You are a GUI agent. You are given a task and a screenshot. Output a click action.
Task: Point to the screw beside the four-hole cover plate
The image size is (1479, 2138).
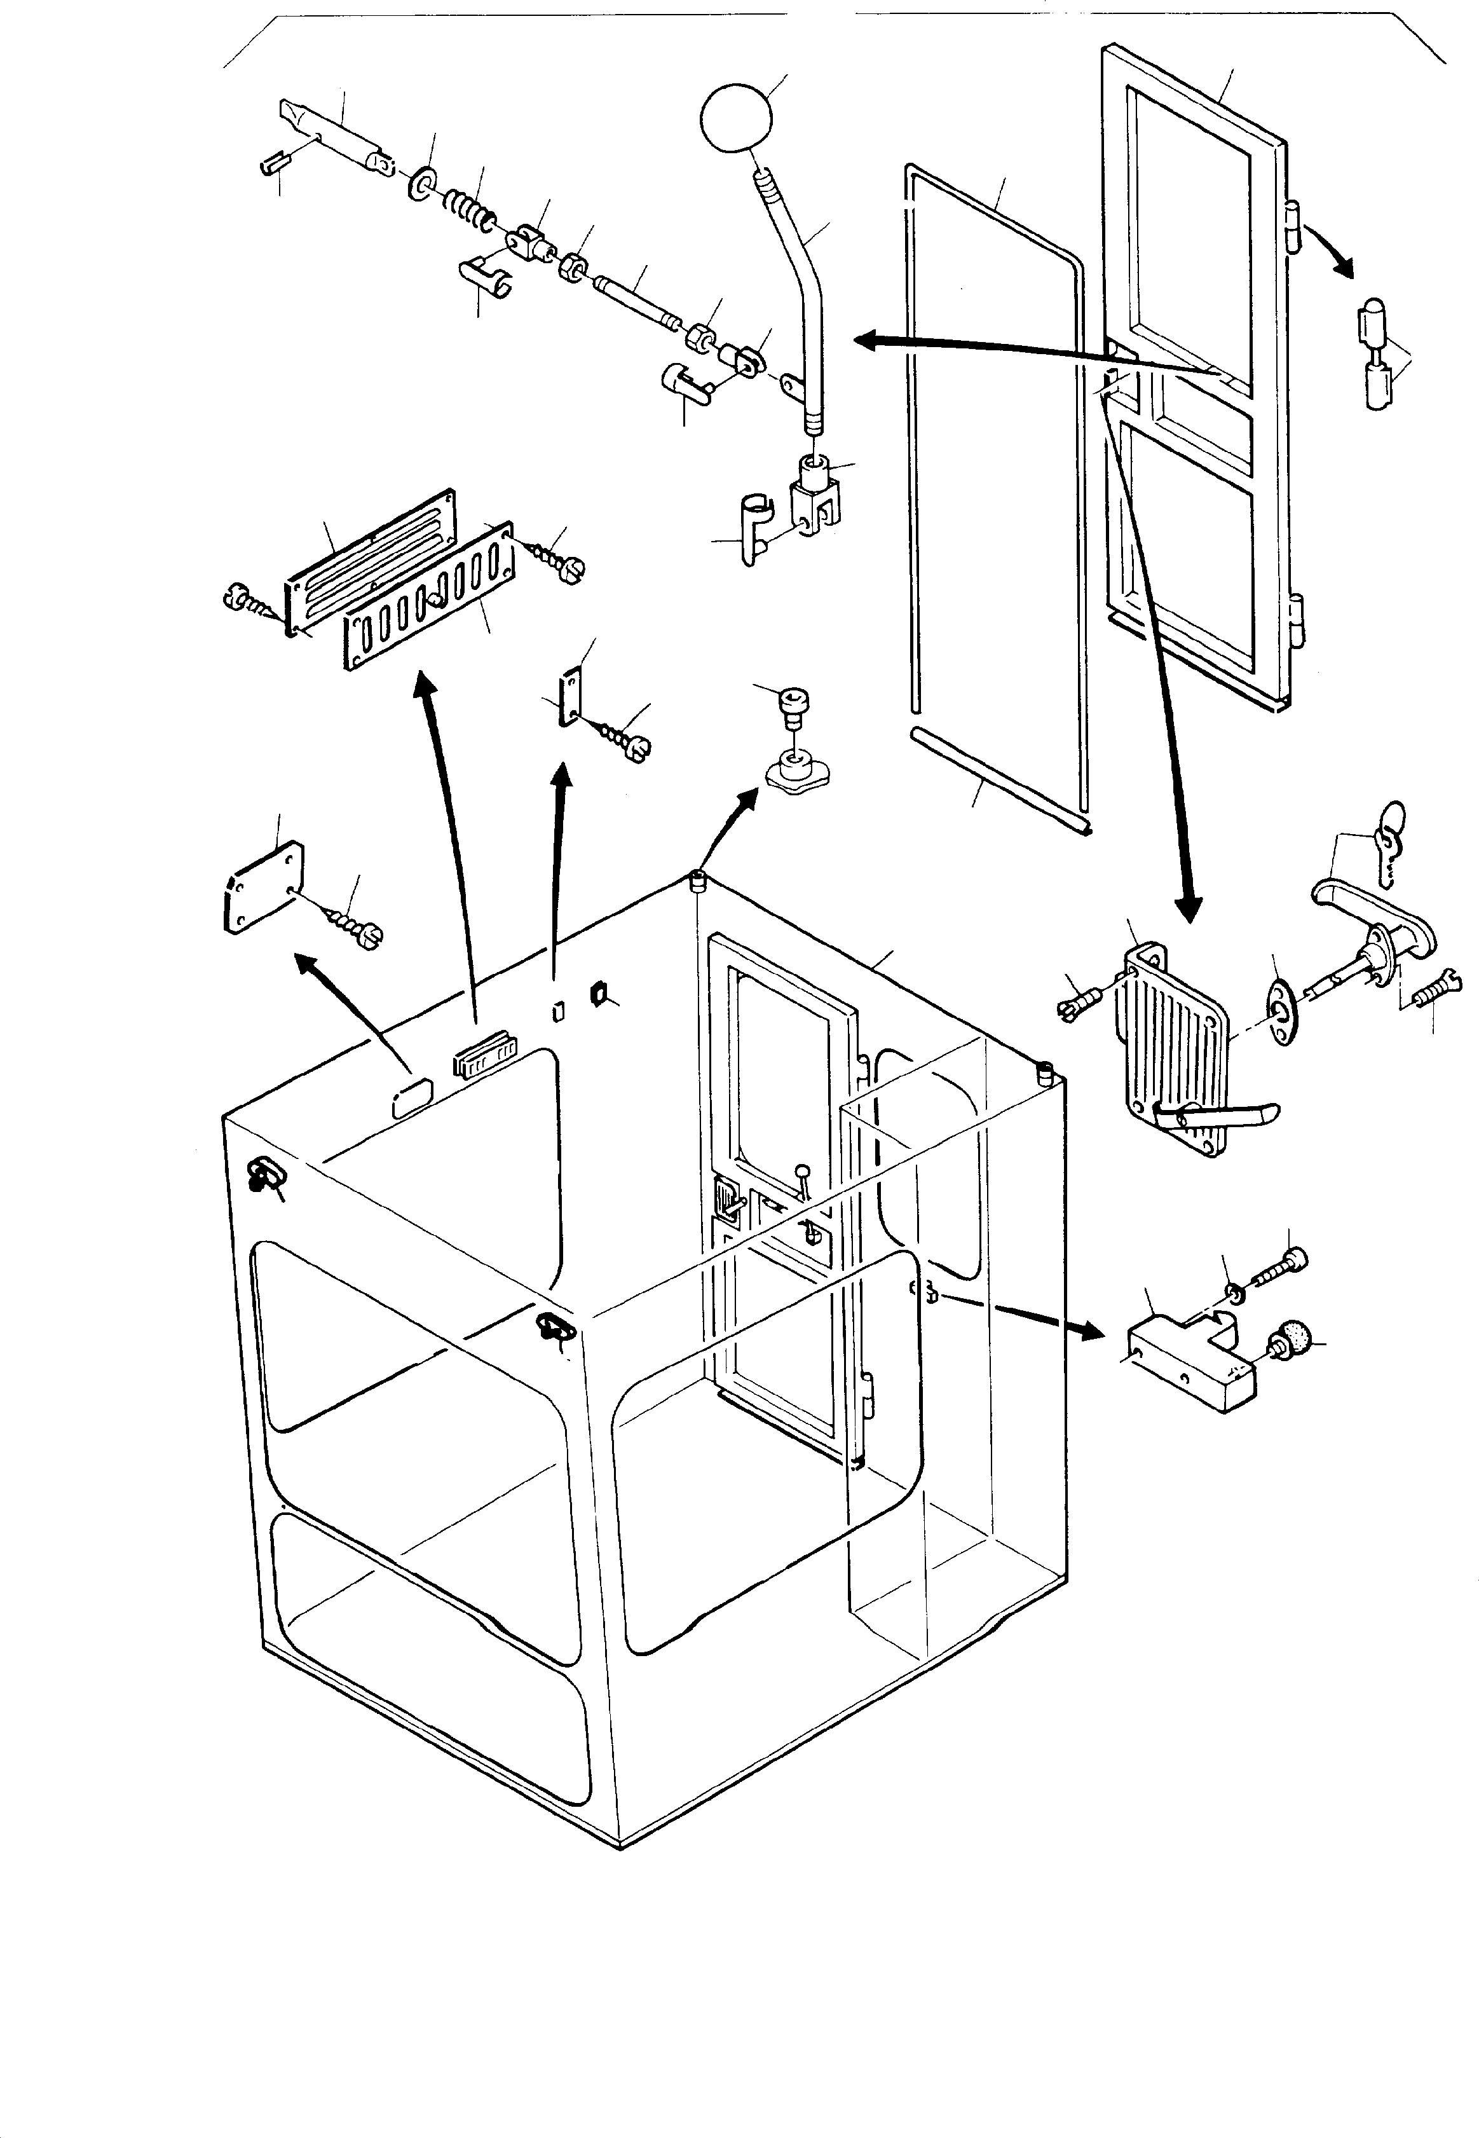358,927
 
